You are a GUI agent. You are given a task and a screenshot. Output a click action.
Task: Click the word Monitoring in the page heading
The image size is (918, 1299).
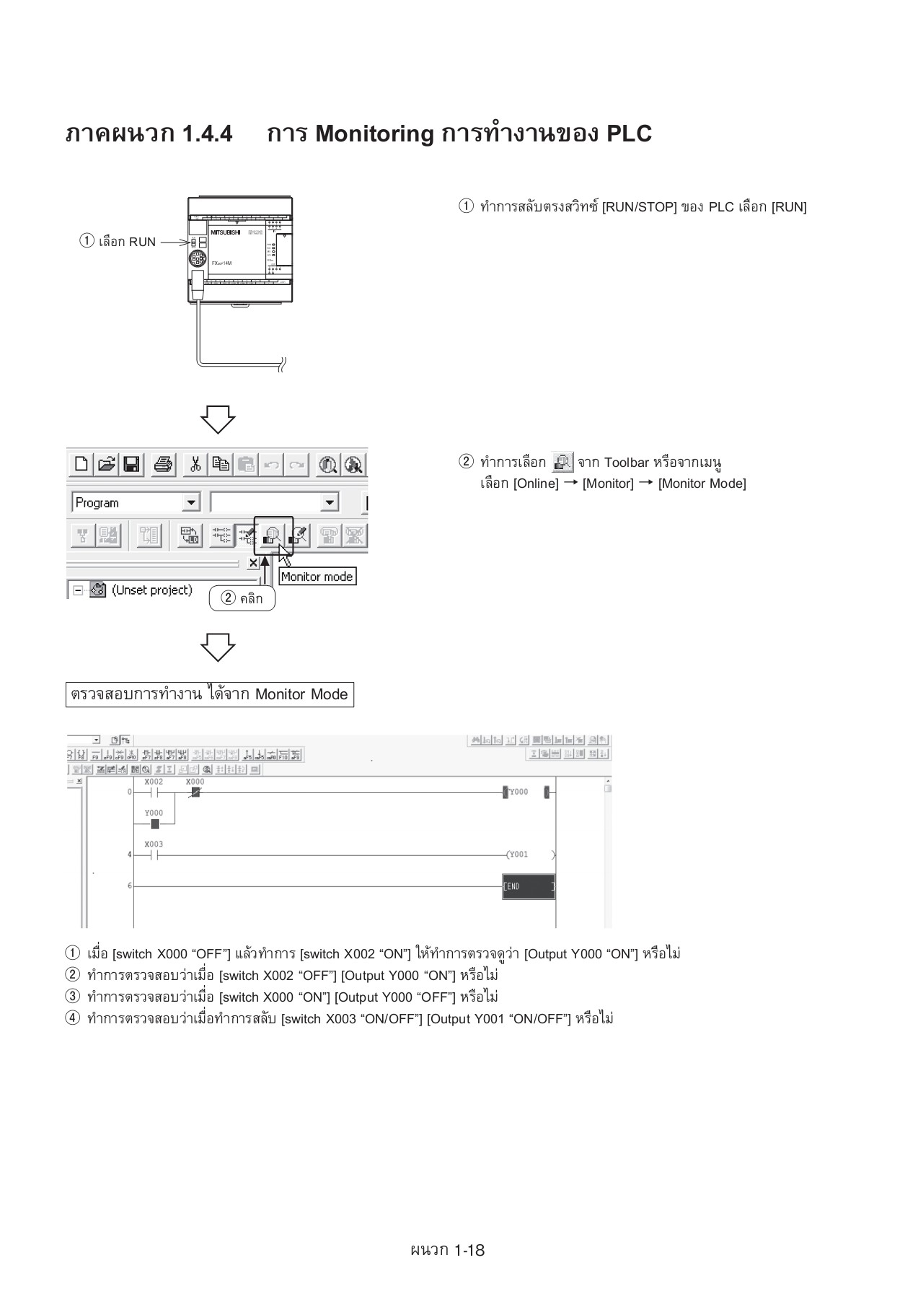pyautogui.click(x=374, y=134)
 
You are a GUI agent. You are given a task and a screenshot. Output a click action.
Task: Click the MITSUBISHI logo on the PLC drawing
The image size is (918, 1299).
pyautogui.click(x=225, y=232)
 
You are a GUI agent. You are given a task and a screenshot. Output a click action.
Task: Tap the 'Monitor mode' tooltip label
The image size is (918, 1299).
pyautogui.click(x=317, y=577)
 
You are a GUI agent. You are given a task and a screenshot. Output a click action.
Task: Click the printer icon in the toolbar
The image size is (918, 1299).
pyautogui.click(x=164, y=464)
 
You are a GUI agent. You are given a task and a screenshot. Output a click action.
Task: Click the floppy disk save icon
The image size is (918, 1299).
pyautogui.click(x=131, y=464)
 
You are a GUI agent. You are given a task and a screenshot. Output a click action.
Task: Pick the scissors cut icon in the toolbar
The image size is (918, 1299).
pyautogui.click(x=195, y=464)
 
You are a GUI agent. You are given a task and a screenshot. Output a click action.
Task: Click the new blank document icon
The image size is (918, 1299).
pyautogui.click(x=81, y=464)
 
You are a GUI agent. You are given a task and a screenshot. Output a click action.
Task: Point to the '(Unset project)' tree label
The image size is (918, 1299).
pyautogui.click(x=152, y=590)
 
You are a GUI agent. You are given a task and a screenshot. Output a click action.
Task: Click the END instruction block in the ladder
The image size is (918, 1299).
pyautogui.click(x=529, y=886)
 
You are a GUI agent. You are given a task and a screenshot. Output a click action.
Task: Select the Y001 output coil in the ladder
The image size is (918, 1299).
pyautogui.click(x=518, y=854)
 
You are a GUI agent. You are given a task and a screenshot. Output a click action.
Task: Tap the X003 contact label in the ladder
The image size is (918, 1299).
pyautogui.click(x=154, y=844)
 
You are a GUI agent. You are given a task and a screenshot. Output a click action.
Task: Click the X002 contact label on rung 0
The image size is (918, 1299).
pyautogui.click(x=154, y=782)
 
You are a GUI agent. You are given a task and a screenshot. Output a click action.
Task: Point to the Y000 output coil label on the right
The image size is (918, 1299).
pyautogui.click(x=518, y=792)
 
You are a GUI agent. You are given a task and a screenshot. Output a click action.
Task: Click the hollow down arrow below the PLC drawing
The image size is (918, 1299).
pyautogui.click(x=218, y=419)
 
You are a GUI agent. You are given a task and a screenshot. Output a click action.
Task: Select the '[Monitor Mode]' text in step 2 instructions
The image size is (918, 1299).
pyautogui.click(x=702, y=484)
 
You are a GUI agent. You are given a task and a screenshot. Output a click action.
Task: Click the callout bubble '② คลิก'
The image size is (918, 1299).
pyautogui.click(x=242, y=598)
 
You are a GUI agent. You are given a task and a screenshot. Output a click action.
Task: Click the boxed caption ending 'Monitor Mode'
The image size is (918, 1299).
pyautogui.click(x=210, y=694)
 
